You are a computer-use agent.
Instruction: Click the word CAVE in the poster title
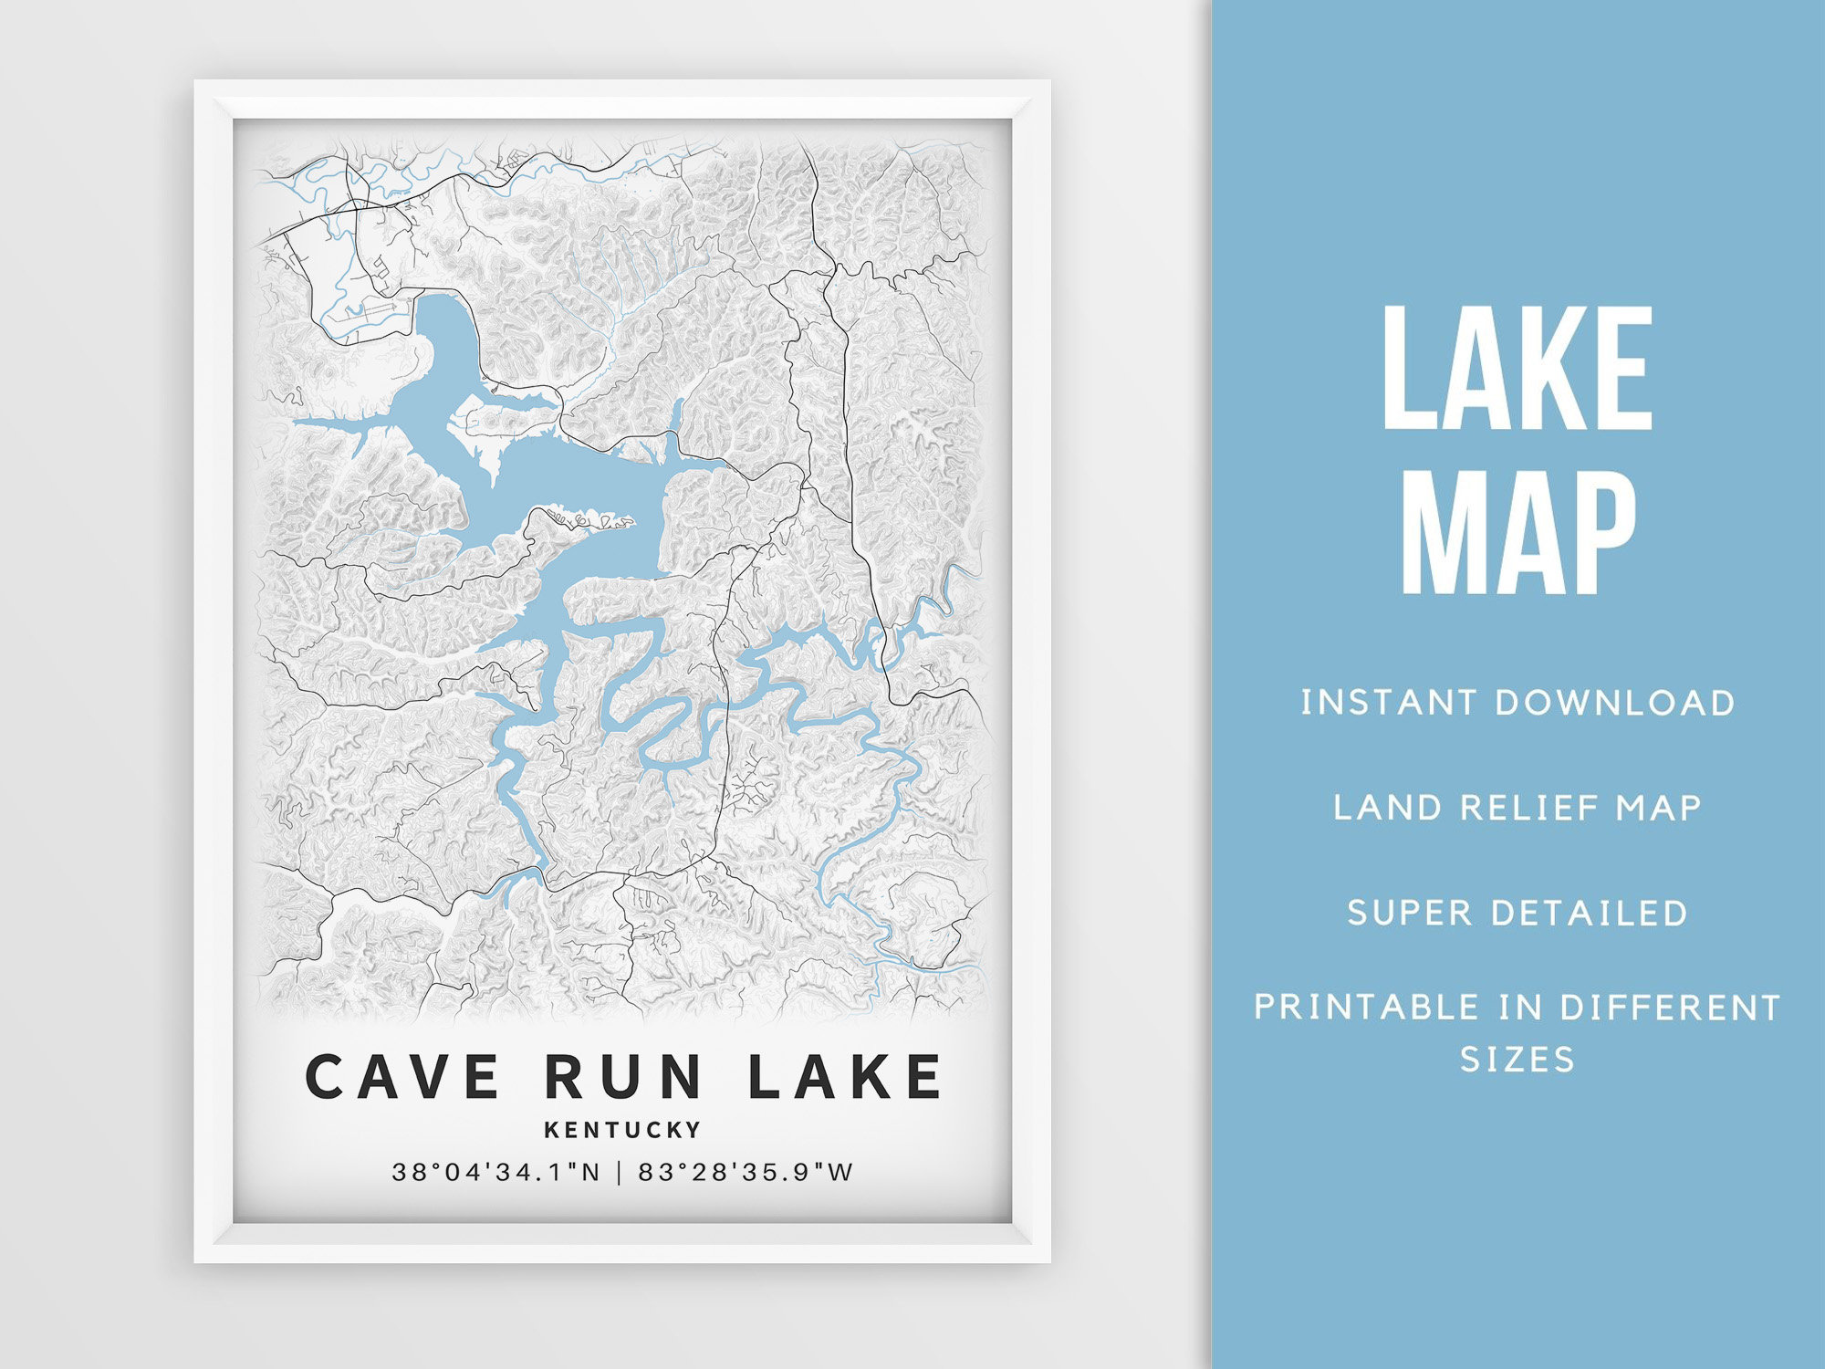coord(401,1076)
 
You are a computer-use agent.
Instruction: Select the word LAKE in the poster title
coord(844,1076)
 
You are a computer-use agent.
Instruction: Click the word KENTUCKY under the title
coord(623,1130)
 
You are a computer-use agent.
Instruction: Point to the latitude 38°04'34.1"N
coord(496,1172)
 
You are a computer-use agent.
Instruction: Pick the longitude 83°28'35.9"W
coord(746,1172)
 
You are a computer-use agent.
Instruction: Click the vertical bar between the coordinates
coord(620,1172)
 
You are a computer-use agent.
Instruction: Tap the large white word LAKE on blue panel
coord(1517,369)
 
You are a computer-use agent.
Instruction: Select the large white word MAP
coord(1517,533)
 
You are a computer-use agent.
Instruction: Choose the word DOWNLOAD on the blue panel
coord(1614,703)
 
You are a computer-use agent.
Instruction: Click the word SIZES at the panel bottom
coord(1517,1059)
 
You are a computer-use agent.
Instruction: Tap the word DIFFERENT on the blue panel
coord(1670,1008)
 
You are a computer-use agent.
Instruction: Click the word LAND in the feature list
coord(1378,808)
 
